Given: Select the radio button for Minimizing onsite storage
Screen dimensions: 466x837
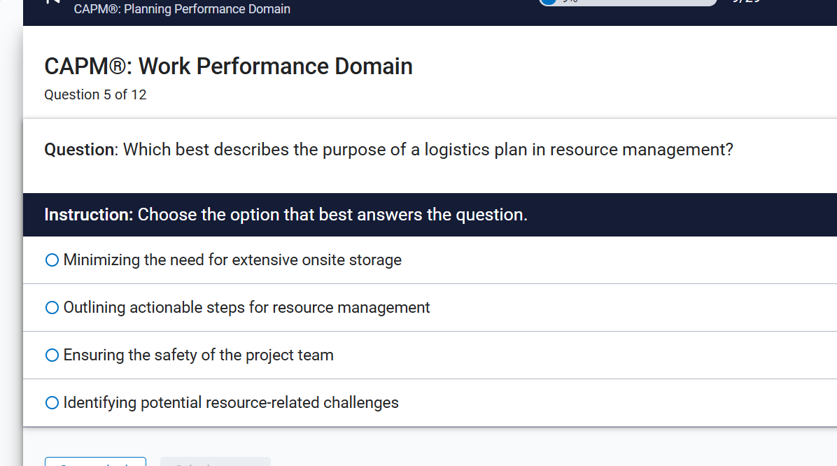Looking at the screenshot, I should pos(52,260).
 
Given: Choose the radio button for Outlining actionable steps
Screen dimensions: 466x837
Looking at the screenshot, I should pos(52,308).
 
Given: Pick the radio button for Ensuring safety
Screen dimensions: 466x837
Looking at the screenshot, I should pos(52,355).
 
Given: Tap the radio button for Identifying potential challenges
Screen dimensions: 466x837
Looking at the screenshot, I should pos(52,403).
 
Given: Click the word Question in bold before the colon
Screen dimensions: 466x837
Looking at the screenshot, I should pos(79,150).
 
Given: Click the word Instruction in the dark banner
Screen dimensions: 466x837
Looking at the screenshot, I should pos(87,215).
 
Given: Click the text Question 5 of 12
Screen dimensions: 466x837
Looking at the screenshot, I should pos(95,95).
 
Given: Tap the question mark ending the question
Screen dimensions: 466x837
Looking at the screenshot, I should pos(729,150).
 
